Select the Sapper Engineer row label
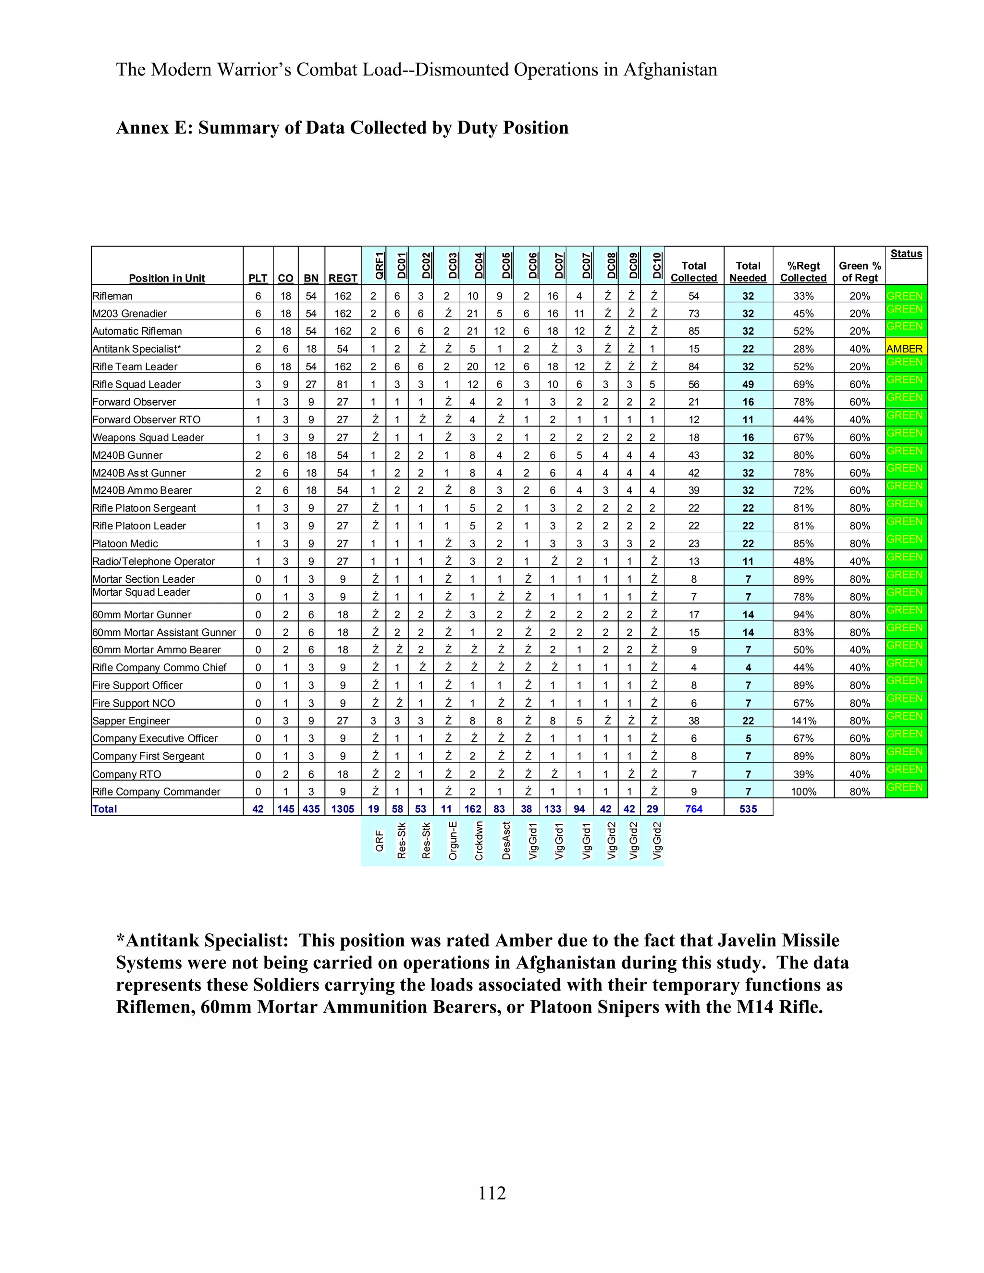point(131,721)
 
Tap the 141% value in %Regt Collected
point(803,721)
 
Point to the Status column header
point(906,254)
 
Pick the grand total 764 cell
point(694,809)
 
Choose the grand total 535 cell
point(748,809)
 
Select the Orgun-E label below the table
point(453,841)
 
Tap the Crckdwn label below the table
point(479,841)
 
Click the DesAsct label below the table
point(506,841)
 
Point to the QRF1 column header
point(379,265)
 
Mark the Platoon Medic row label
point(125,544)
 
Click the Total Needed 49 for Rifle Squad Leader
point(748,385)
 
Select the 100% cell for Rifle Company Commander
point(803,792)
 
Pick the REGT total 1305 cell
point(343,809)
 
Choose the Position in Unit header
point(167,279)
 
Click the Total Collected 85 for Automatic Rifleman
point(694,331)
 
